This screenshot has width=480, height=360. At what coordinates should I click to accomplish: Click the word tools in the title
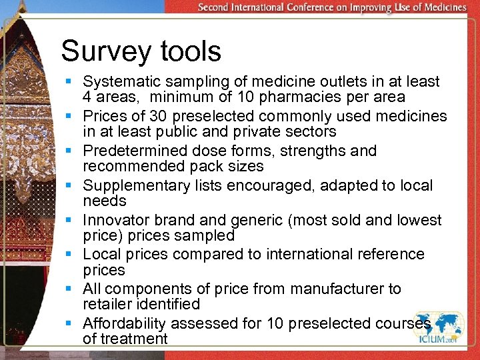point(188,51)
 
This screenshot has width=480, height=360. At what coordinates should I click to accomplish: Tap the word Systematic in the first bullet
point(119,81)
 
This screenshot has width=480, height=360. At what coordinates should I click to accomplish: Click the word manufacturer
point(331,289)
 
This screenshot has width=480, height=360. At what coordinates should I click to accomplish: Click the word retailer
point(107,304)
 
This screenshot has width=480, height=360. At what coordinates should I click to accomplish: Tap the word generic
point(255,220)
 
